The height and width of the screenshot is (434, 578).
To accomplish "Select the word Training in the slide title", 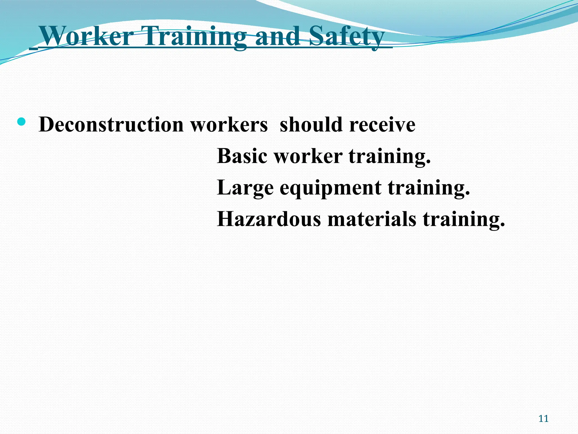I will coord(195,37).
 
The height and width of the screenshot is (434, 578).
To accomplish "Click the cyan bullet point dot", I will coord(21,122).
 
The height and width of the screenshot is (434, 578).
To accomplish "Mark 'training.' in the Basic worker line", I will coord(390,156).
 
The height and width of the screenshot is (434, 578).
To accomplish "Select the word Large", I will coord(245,188).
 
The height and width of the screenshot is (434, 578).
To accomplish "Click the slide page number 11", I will coord(543,418).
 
